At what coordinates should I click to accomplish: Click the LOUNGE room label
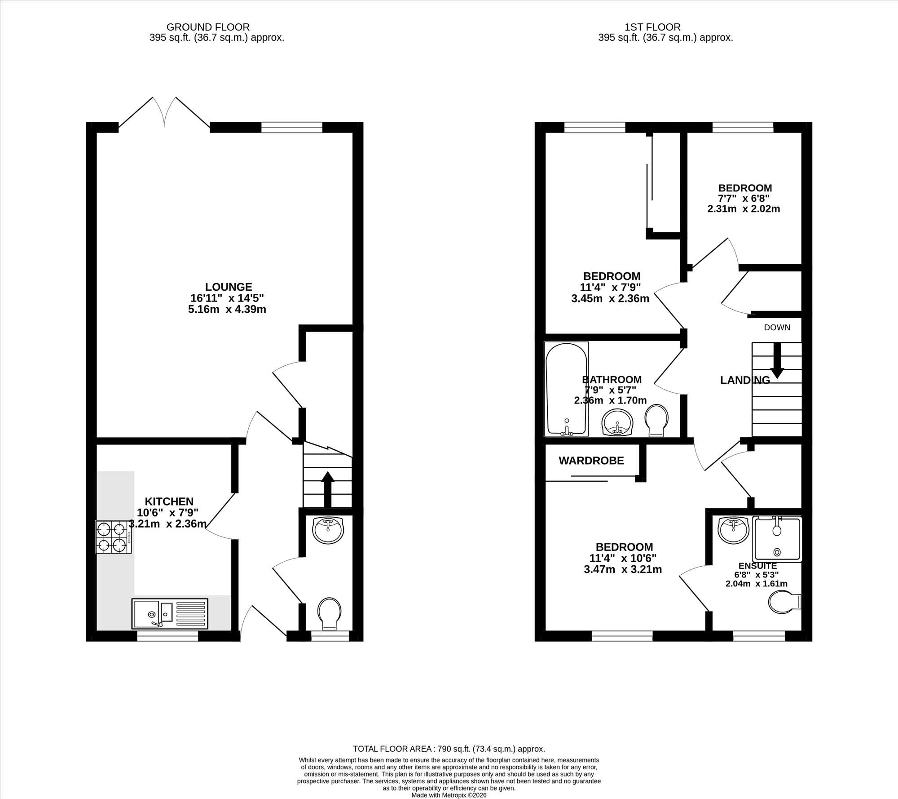point(229,287)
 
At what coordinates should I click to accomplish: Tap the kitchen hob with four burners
point(114,537)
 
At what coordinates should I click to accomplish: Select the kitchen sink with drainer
point(170,613)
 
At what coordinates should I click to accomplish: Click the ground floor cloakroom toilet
point(329,614)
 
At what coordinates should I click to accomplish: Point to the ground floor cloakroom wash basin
point(328,530)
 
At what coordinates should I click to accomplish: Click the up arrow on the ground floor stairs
point(327,489)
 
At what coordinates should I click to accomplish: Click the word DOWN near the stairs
point(777,328)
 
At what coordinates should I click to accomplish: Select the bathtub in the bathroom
point(566,389)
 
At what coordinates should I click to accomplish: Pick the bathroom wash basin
point(617,422)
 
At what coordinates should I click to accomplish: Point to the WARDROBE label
point(591,461)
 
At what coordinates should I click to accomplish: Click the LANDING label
point(745,380)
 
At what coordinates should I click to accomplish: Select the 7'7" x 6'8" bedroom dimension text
point(744,199)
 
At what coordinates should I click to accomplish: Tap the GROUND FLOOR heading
point(208,27)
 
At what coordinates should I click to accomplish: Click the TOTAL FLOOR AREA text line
point(449,749)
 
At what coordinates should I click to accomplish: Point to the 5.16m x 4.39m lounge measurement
point(227,309)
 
